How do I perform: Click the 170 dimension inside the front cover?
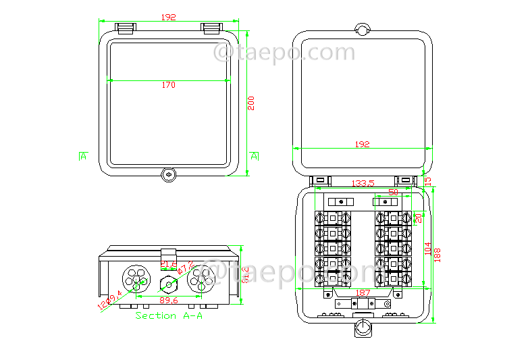tap(168, 84)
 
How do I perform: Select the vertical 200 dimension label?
tap(251, 103)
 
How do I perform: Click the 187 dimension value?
tap(363, 292)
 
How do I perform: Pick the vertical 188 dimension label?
tap(437, 254)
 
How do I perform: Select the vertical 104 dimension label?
tap(427, 247)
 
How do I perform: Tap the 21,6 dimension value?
tap(168, 264)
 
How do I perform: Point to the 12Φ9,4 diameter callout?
tap(109, 299)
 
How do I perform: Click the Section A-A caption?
tap(169, 315)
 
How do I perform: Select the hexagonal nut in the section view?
tap(167, 280)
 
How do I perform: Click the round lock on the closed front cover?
tap(168, 174)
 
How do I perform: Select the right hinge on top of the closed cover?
tap(211, 28)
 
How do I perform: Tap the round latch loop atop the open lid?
tap(363, 29)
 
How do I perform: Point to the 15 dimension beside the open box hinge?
tap(427, 181)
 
